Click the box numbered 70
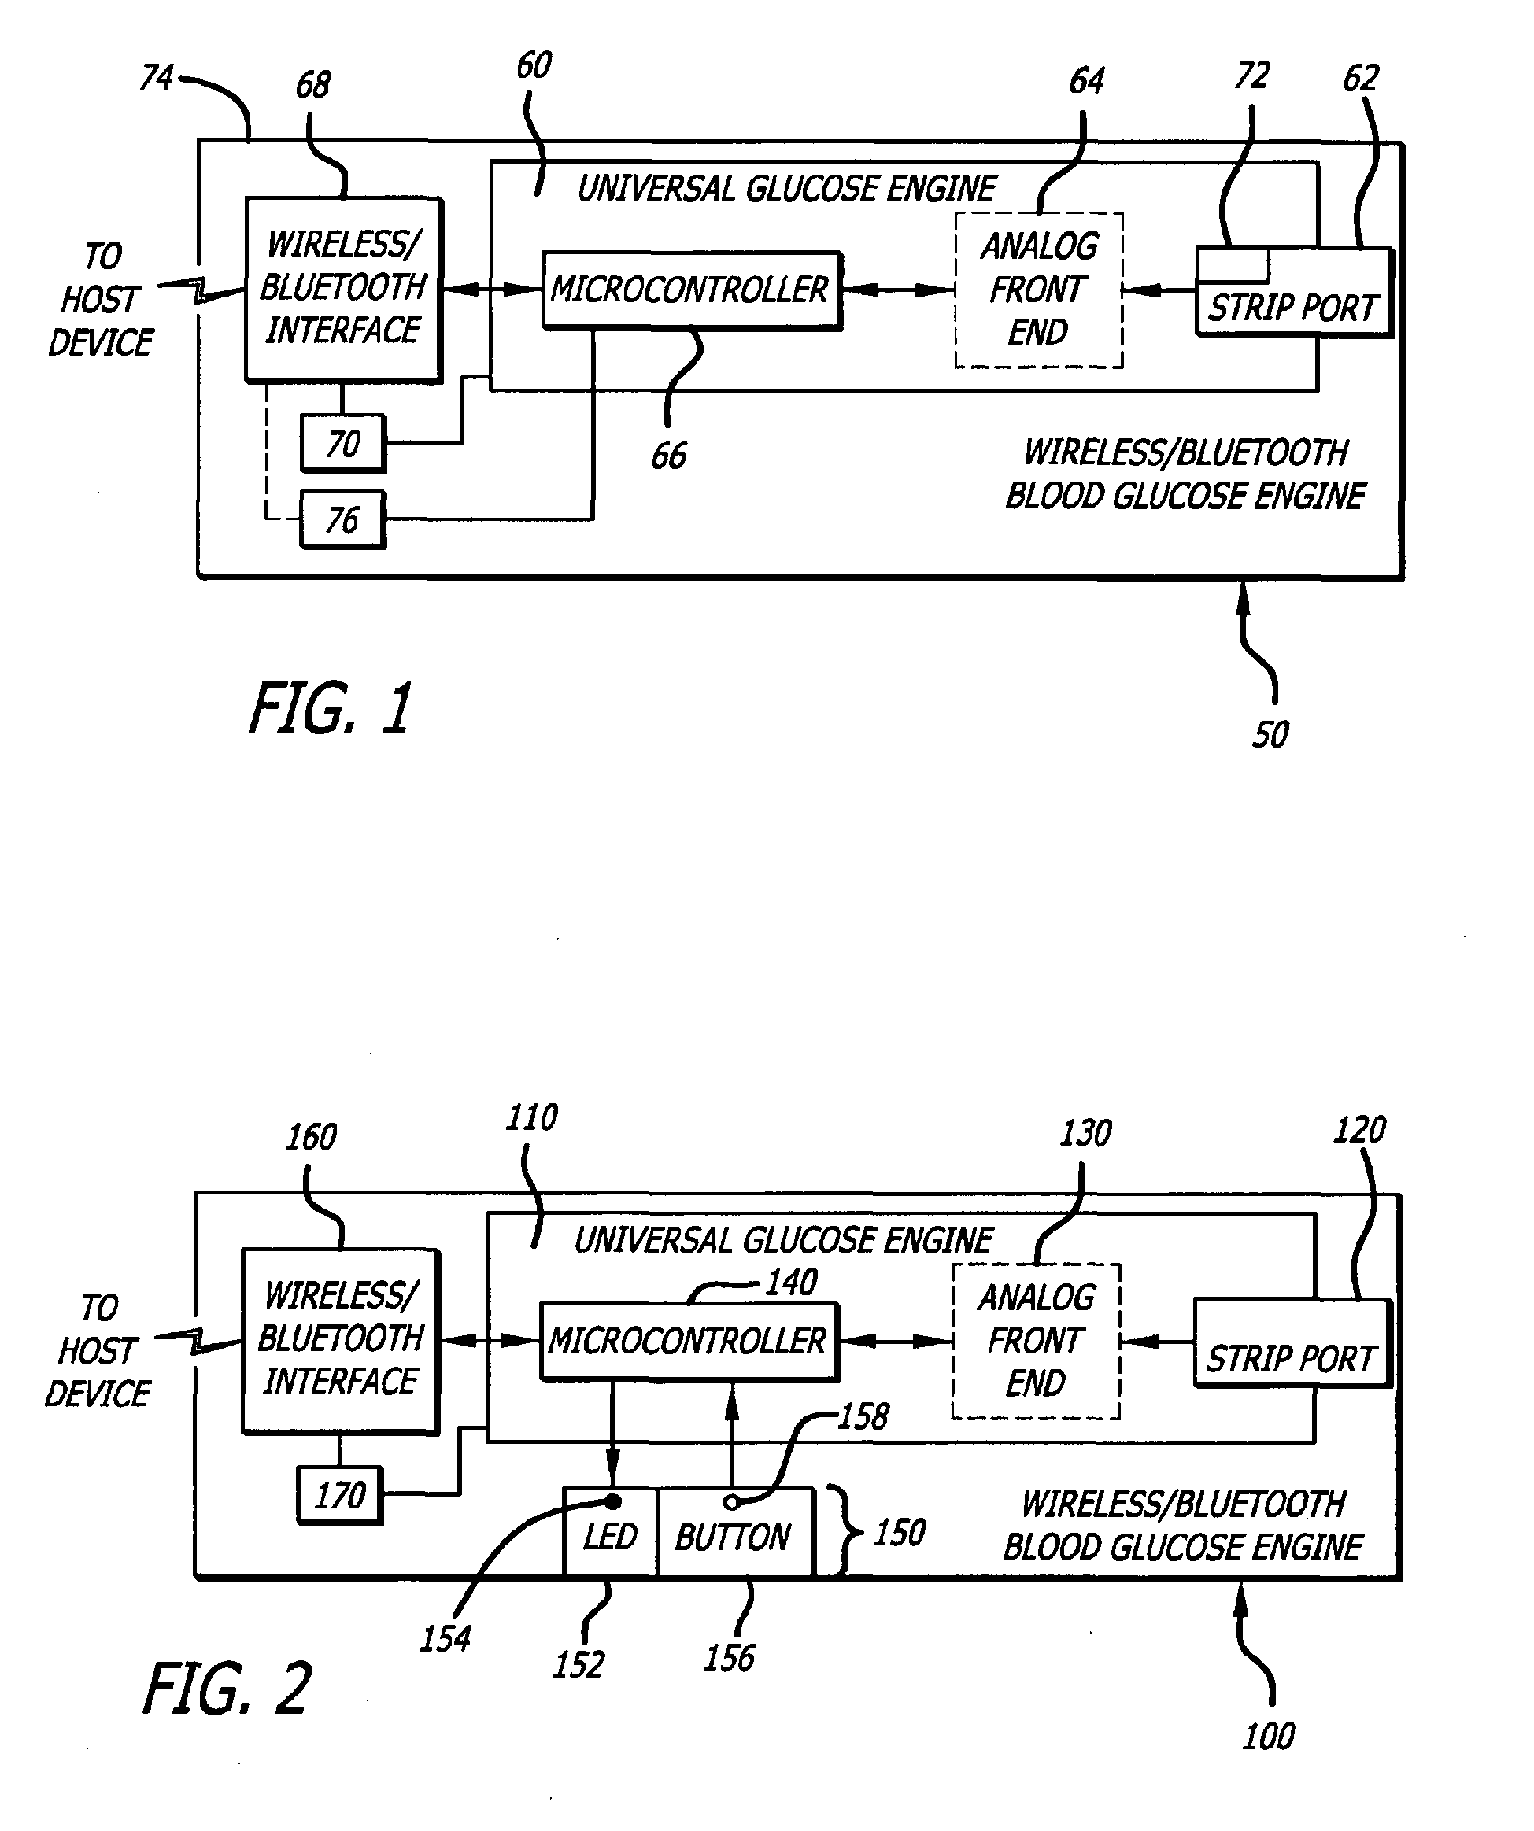pyautogui.click(x=342, y=444)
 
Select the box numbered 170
pyautogui.click(x=340, y=1495)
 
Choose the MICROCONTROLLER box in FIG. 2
pyautogui.click(x=688, y=1341)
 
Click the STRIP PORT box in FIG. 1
pyautogui.click(x=1292, y=293)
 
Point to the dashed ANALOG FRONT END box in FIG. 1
pyautogui.click(x=1039, y=290)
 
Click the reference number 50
pyautogui.click(x=1270, y=735)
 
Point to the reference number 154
pyautogui.click(x=445, y=1639)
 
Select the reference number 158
pyautogui.click(x=863, y=1418)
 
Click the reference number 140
pyautogui.click(x=791, y=1283)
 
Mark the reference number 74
pyautogui.click(x=157, y=78)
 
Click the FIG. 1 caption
pyautogui.click(x=331, y=708)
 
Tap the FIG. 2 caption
pyautogui.click(x=227, y=1689)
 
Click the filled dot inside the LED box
pyautogui.click(x=613, y=1501)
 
